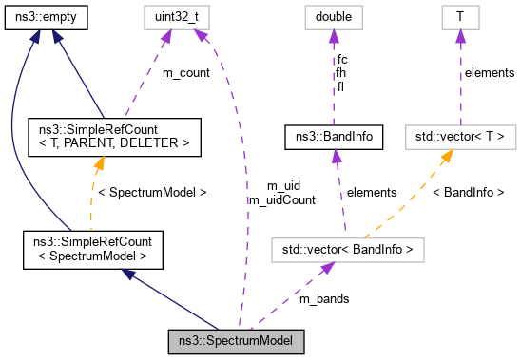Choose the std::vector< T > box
459,137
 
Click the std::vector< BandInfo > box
346,250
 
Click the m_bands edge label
324,298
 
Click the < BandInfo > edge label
468,193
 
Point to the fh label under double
341,73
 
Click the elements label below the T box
491,73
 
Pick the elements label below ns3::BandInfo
371,193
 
